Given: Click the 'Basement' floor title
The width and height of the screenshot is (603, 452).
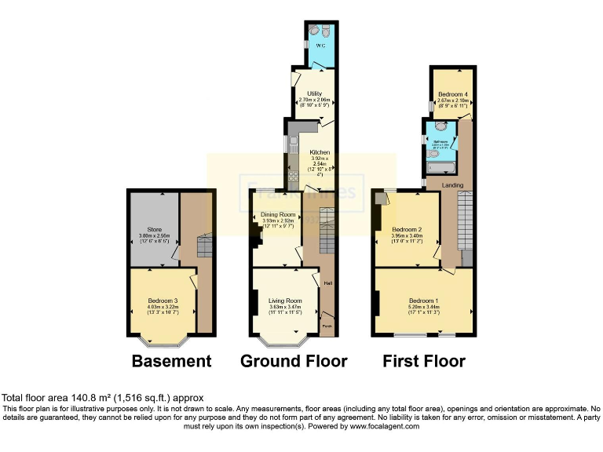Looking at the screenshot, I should tap(171, 361).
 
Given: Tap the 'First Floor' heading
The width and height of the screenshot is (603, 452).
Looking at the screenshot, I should tap(423, 361).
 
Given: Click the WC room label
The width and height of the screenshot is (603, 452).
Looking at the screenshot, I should tap(320, 46).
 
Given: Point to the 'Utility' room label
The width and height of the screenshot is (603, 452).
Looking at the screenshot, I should tap(315, 93).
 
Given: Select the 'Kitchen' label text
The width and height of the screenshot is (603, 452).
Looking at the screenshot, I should tap(319, 152).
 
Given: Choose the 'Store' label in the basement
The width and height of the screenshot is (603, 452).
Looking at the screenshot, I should tap(154, 230).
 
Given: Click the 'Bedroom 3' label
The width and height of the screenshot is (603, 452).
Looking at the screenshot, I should tap(163, 301).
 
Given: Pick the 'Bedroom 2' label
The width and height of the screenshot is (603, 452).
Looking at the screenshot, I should tap(406, 230).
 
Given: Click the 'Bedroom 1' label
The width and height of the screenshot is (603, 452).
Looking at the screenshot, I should tap(423, 301).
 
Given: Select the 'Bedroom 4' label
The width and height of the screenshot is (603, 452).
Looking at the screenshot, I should tap(452, 94).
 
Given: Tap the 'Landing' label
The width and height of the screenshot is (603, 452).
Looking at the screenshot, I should tap(452, 185).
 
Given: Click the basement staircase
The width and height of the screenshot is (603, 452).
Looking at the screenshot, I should tap(203, 248).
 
